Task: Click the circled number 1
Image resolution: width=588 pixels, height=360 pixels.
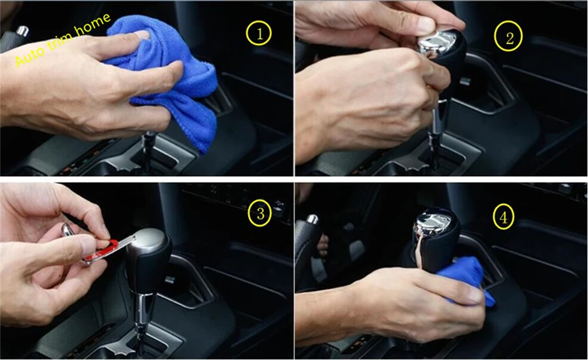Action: point(259,34)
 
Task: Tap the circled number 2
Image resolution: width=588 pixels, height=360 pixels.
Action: point(509,36)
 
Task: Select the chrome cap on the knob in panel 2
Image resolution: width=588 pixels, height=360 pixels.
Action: point(438,41)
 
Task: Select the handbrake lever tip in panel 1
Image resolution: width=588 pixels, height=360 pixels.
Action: point(22,31)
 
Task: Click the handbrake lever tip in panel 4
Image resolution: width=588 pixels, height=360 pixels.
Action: point(312,219)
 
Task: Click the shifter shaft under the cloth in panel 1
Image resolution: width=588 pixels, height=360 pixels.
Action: point(148,150)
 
